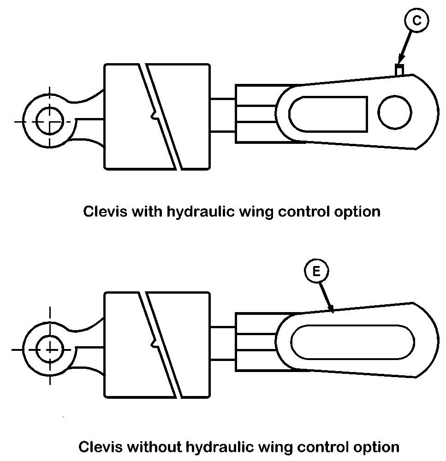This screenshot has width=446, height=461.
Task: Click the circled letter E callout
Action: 316,272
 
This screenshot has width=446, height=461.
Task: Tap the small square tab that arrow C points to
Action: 400,70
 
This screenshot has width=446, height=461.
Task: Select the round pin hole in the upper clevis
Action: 395,112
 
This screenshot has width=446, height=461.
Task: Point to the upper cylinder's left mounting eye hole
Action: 49,121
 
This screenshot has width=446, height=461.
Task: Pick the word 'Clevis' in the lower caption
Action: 101,447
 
